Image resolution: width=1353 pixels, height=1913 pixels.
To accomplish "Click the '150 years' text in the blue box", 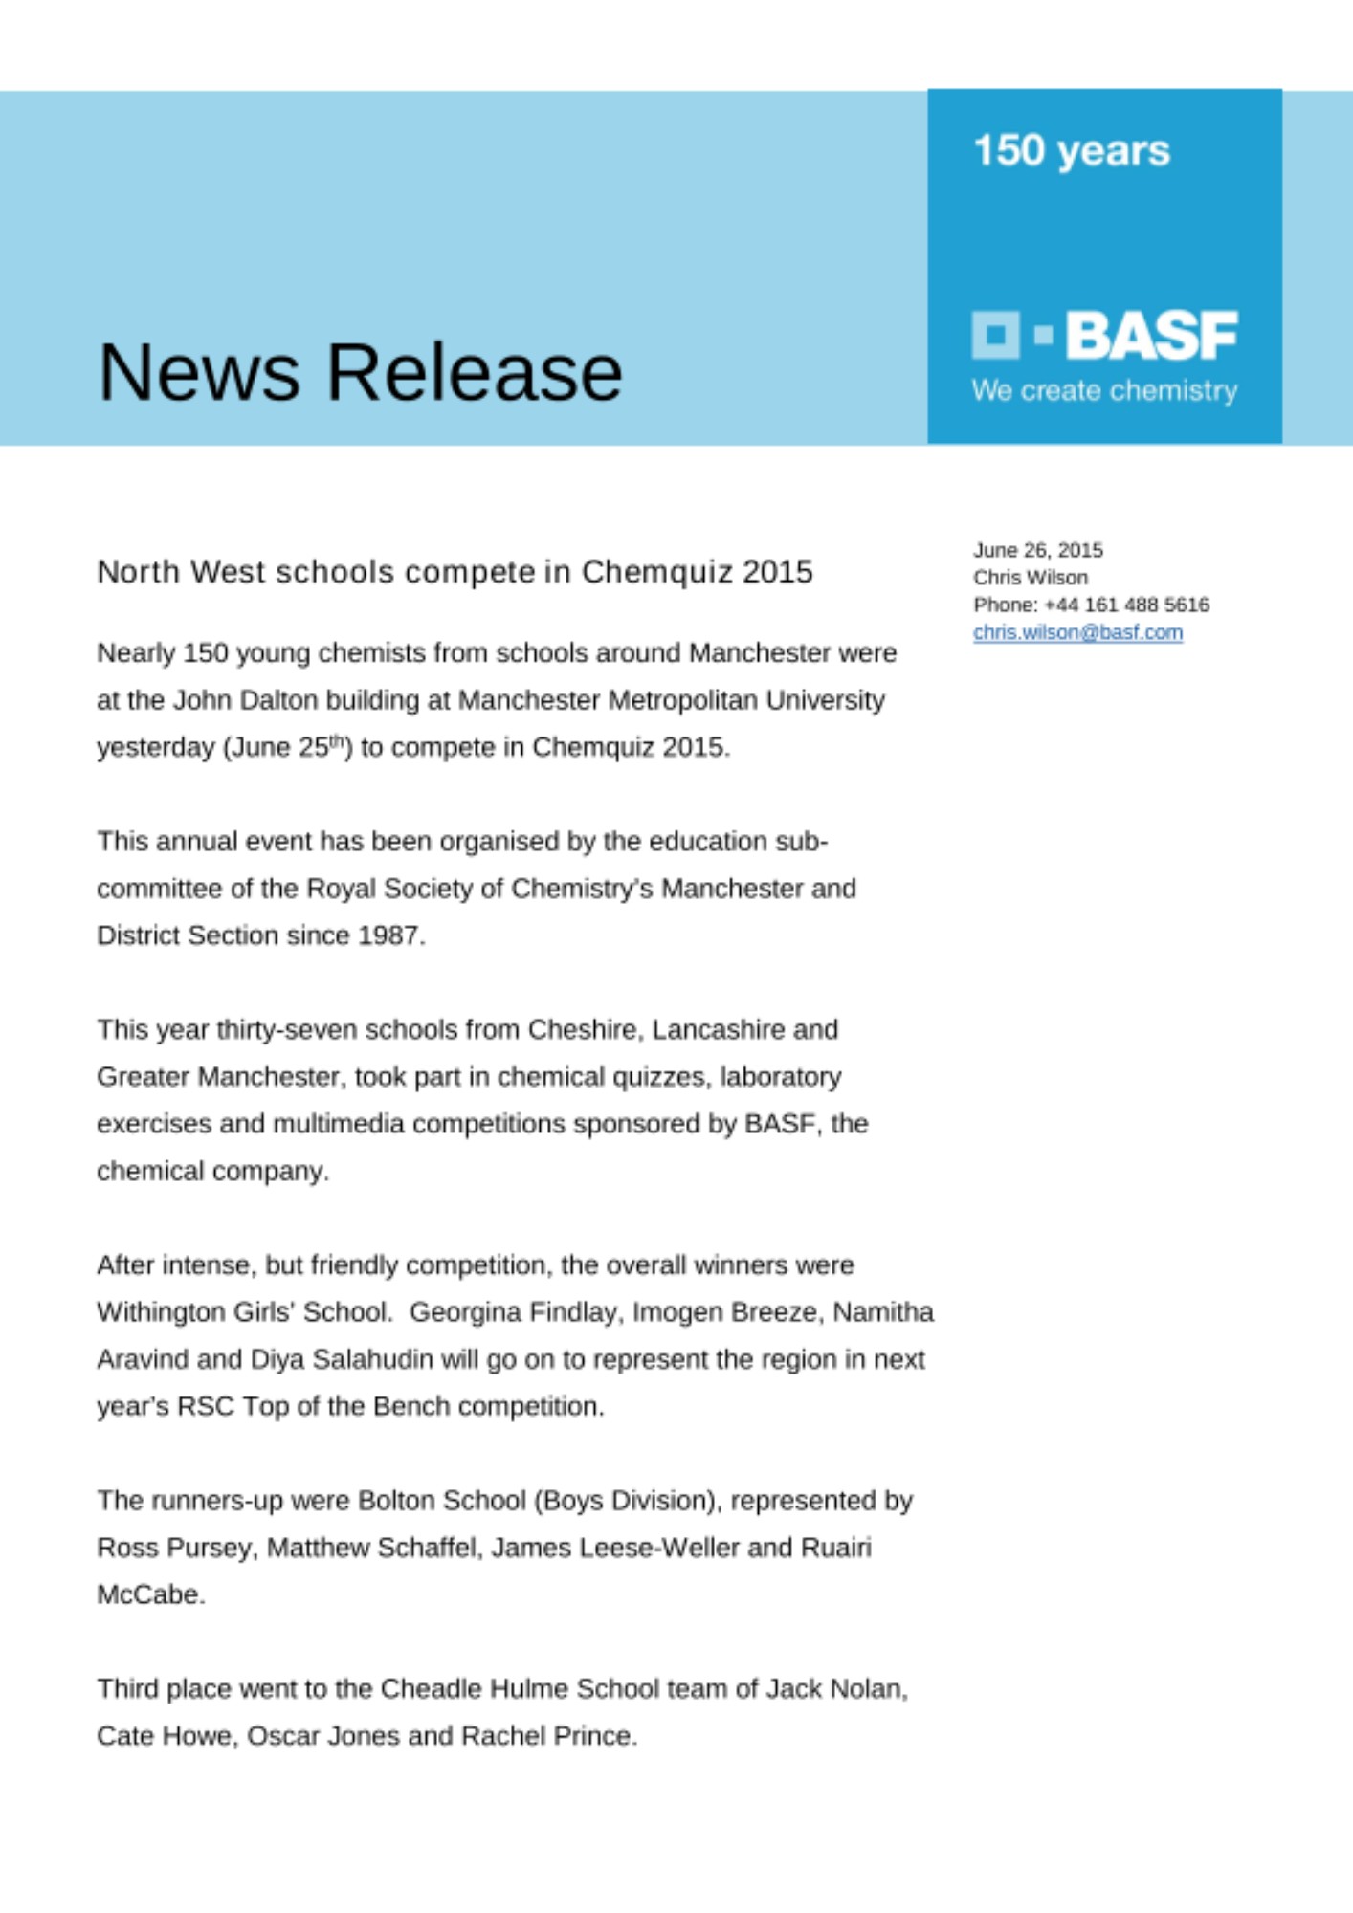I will pos(1071,151).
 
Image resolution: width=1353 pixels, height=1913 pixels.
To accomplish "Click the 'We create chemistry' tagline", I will pos(1104,390).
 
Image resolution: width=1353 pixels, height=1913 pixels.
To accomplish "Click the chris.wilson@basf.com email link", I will pos(1077,632).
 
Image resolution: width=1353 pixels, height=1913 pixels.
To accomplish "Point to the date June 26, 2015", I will pos(1037,550).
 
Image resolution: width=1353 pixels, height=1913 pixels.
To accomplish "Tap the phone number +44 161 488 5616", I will pos(1126,605).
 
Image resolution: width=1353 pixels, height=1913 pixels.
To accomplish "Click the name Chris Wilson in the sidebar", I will pos(1030,578).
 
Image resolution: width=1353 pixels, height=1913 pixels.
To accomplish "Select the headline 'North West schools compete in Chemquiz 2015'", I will pos(455,572).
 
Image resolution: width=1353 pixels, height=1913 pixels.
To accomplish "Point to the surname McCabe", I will pos(149,1594).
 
